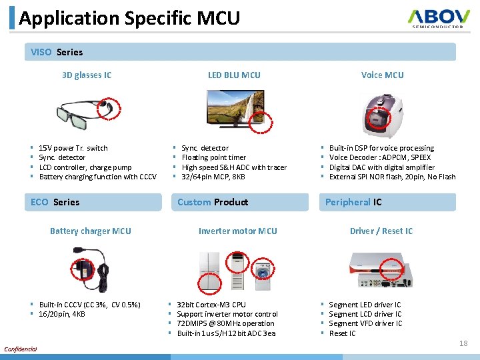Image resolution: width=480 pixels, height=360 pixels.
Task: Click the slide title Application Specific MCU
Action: (129, 18)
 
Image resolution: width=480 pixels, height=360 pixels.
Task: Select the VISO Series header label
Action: (57, 52)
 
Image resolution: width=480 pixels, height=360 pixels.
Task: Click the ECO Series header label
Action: (55, 202)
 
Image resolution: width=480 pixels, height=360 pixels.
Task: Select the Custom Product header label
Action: (213, 202)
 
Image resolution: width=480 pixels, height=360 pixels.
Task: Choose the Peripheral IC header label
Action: (353, 202)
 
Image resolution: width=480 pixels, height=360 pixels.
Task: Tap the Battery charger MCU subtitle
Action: (91, 231)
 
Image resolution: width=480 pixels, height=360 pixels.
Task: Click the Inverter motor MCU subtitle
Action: (237, 231)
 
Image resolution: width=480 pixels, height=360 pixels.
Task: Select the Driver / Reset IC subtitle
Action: (381, 231)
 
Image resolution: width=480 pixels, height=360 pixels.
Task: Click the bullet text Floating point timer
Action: (213, 157)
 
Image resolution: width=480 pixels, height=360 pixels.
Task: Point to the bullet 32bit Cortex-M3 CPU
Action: (211, 305)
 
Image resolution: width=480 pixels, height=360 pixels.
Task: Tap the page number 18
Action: (463, 343)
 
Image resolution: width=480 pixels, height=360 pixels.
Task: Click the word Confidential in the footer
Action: (21, 349)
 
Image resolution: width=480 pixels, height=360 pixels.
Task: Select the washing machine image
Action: (265, 272)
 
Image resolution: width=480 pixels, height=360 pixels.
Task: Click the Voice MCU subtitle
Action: (382, 75)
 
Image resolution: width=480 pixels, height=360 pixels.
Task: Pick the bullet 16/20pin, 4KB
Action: (62, 314)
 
